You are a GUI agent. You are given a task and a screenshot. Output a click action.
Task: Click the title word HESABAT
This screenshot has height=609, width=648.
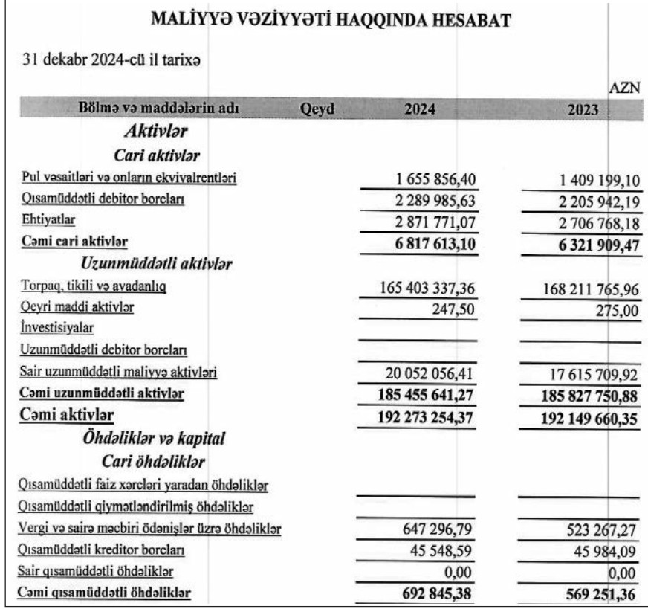(x=466, y=22)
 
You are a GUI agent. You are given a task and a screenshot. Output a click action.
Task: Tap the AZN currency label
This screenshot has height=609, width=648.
(x=623, y=88)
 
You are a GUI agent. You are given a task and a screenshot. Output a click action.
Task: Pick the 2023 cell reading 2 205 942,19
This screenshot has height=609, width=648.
(x=591, y=200)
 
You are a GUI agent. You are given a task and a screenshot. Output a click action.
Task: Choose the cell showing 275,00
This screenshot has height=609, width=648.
(x=617, y=309)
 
